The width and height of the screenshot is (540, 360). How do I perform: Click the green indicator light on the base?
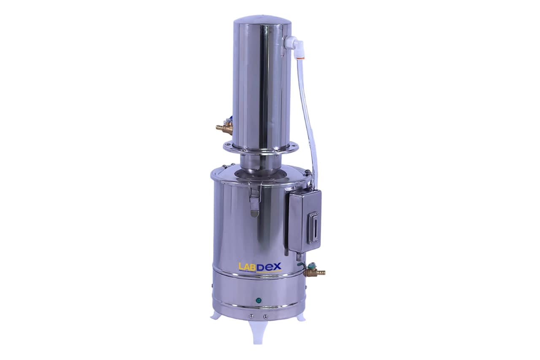click(x=259, y=300)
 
